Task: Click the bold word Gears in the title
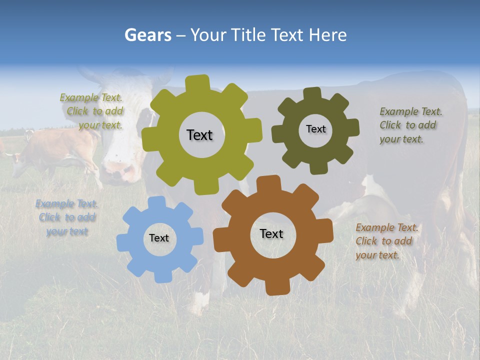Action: pyautogui.click(x=148, y=35)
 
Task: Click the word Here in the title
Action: pyautogui.click(x=327, y=35)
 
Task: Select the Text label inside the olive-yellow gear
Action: pyautogui.click(x=199, y=135)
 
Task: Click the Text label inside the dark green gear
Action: pyautogui.click(x=315, y=129)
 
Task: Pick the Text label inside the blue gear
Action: pyautogui.click(x=159, y=238)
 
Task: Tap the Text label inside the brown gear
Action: pyautogui.click(x=271, y=233)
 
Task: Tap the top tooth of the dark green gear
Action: pyautogui.click(x=312, y=93)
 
